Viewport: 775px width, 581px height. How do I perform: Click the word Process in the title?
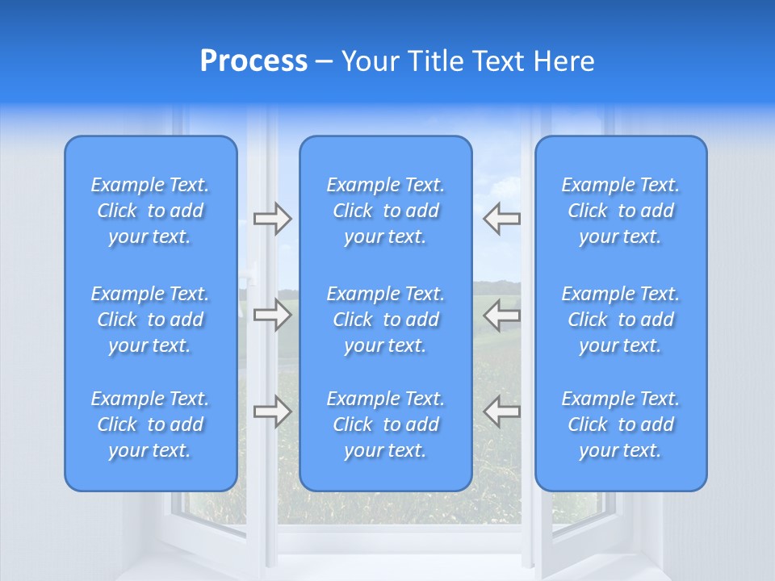(x=253, y=61)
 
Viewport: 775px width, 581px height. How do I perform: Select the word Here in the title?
(x=568, y=61)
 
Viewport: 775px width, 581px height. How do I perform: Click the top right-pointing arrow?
(x=272, y=219)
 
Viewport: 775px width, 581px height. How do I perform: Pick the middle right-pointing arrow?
(x=272, y=315)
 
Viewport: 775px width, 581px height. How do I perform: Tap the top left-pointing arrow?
(x=502, y=219)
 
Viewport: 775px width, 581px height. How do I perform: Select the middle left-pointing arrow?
(x=502, y=315)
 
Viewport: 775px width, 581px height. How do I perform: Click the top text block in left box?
(x=150, y=211)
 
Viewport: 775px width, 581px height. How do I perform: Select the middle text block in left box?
(x=150, y=320)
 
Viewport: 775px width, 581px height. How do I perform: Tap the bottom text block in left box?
(x=150, y=424)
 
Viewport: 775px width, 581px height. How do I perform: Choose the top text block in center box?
(x=386, y=211)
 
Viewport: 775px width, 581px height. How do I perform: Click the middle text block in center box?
(x=386, y=320)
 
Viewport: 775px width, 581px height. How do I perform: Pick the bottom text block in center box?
(x=386, y=424)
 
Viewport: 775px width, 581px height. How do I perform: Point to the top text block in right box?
(x=621, y=211)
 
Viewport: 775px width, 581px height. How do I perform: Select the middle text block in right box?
(x=621, y=320)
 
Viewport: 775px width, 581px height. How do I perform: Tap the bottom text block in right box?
(x=621, y=424)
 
